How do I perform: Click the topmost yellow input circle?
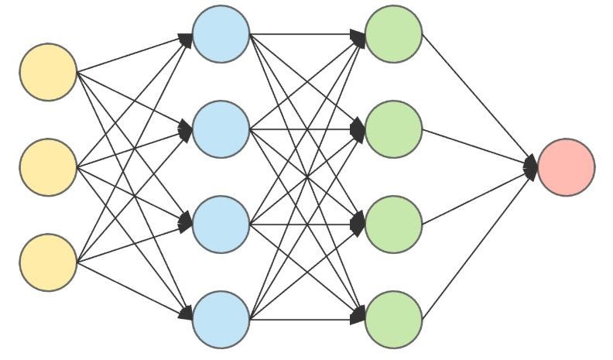pos(48,72)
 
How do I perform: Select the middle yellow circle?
pos(48,167)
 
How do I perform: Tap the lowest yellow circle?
pos(48,262)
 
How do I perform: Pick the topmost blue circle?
pos(221,34)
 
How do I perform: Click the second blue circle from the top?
pos(221,129)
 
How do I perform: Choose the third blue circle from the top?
pos(221,225)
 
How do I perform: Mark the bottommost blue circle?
pos(221,319)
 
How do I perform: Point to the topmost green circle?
pos(393,34)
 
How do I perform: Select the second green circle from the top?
pos(393,129)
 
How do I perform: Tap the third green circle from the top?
pos(393,225)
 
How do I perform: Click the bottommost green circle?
pos(393,319)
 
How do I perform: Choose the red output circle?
pos(566,167)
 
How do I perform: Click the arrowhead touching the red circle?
pos(531,166)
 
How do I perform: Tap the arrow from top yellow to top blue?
pos(132,54)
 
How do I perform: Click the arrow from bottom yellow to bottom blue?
pos(132,290)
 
